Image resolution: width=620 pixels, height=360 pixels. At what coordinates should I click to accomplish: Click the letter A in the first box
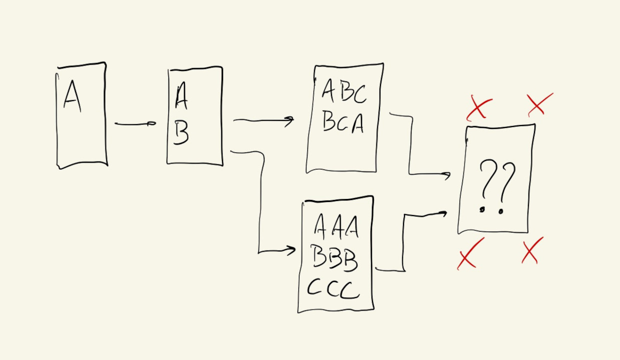(72, 96)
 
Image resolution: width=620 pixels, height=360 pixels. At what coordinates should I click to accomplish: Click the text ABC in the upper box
(344, 91)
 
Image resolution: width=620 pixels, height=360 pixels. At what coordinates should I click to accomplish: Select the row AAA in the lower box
(336, 226)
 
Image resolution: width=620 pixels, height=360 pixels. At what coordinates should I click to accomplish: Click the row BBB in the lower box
(335, 257)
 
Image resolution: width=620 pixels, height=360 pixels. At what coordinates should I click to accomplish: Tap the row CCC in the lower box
(333, 289)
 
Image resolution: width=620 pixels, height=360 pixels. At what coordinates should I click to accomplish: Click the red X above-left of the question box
(479, 108)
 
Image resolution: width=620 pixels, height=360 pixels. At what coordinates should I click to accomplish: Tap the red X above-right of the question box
(539, 104)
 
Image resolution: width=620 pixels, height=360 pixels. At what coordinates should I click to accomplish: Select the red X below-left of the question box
(470, 253)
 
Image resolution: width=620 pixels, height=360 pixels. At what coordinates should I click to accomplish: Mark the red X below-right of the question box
(532, 250)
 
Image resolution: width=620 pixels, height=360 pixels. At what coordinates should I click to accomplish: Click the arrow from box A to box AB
(135, 123)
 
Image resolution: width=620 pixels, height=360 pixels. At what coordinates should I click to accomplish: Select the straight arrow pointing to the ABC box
(263, 120)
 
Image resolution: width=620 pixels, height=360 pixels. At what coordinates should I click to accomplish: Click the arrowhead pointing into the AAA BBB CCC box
(290, 250)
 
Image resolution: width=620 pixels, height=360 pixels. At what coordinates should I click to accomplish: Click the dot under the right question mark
(500, 211)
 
